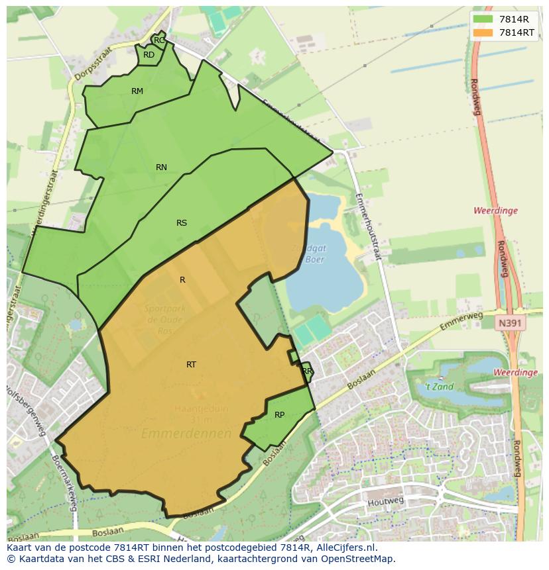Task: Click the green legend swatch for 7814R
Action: tap(483, 19)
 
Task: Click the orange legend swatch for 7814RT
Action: tap(483, 32)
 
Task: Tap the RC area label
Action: tap(159, 40)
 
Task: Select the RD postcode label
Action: tap(149, 55)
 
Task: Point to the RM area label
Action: tap(137, 91)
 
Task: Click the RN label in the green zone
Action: tap(161, 167)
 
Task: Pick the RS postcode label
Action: tap(182, 223)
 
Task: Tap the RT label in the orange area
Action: tap(191, 365)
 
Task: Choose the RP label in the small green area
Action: tap(279, 415)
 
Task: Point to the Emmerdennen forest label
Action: tap(186, 434)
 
